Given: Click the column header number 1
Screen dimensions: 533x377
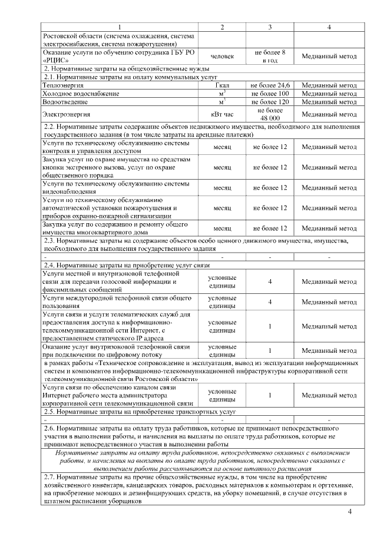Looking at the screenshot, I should pyautogui.click(x=120, y=28).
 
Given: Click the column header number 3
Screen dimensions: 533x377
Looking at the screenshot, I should pyautogui.click(x=270, y=28).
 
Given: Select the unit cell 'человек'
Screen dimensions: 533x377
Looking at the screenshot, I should pyautogui.click(x=222, y=57).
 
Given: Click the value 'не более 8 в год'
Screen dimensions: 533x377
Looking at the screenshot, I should pyautogui.click(x=270, y=57).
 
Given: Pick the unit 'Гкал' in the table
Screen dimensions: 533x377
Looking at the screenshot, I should pyautogui.click(x=222, y=85).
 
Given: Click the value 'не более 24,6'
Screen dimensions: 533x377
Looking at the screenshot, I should pyautogui.click(x=270, y=85).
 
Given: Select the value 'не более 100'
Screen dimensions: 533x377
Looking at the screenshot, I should pyautogui.click(x=270, y=94).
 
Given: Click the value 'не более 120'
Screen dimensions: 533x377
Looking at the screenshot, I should pyautogui.click(x=270, y=101).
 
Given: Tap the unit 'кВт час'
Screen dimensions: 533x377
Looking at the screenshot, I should pyautogui.click(x=222, y=114).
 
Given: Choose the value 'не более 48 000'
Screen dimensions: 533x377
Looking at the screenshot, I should pyautogui.click(x=270, y=114).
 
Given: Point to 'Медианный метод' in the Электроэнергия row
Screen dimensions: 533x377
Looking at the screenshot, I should pyautogui.click(x=329, y=114).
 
